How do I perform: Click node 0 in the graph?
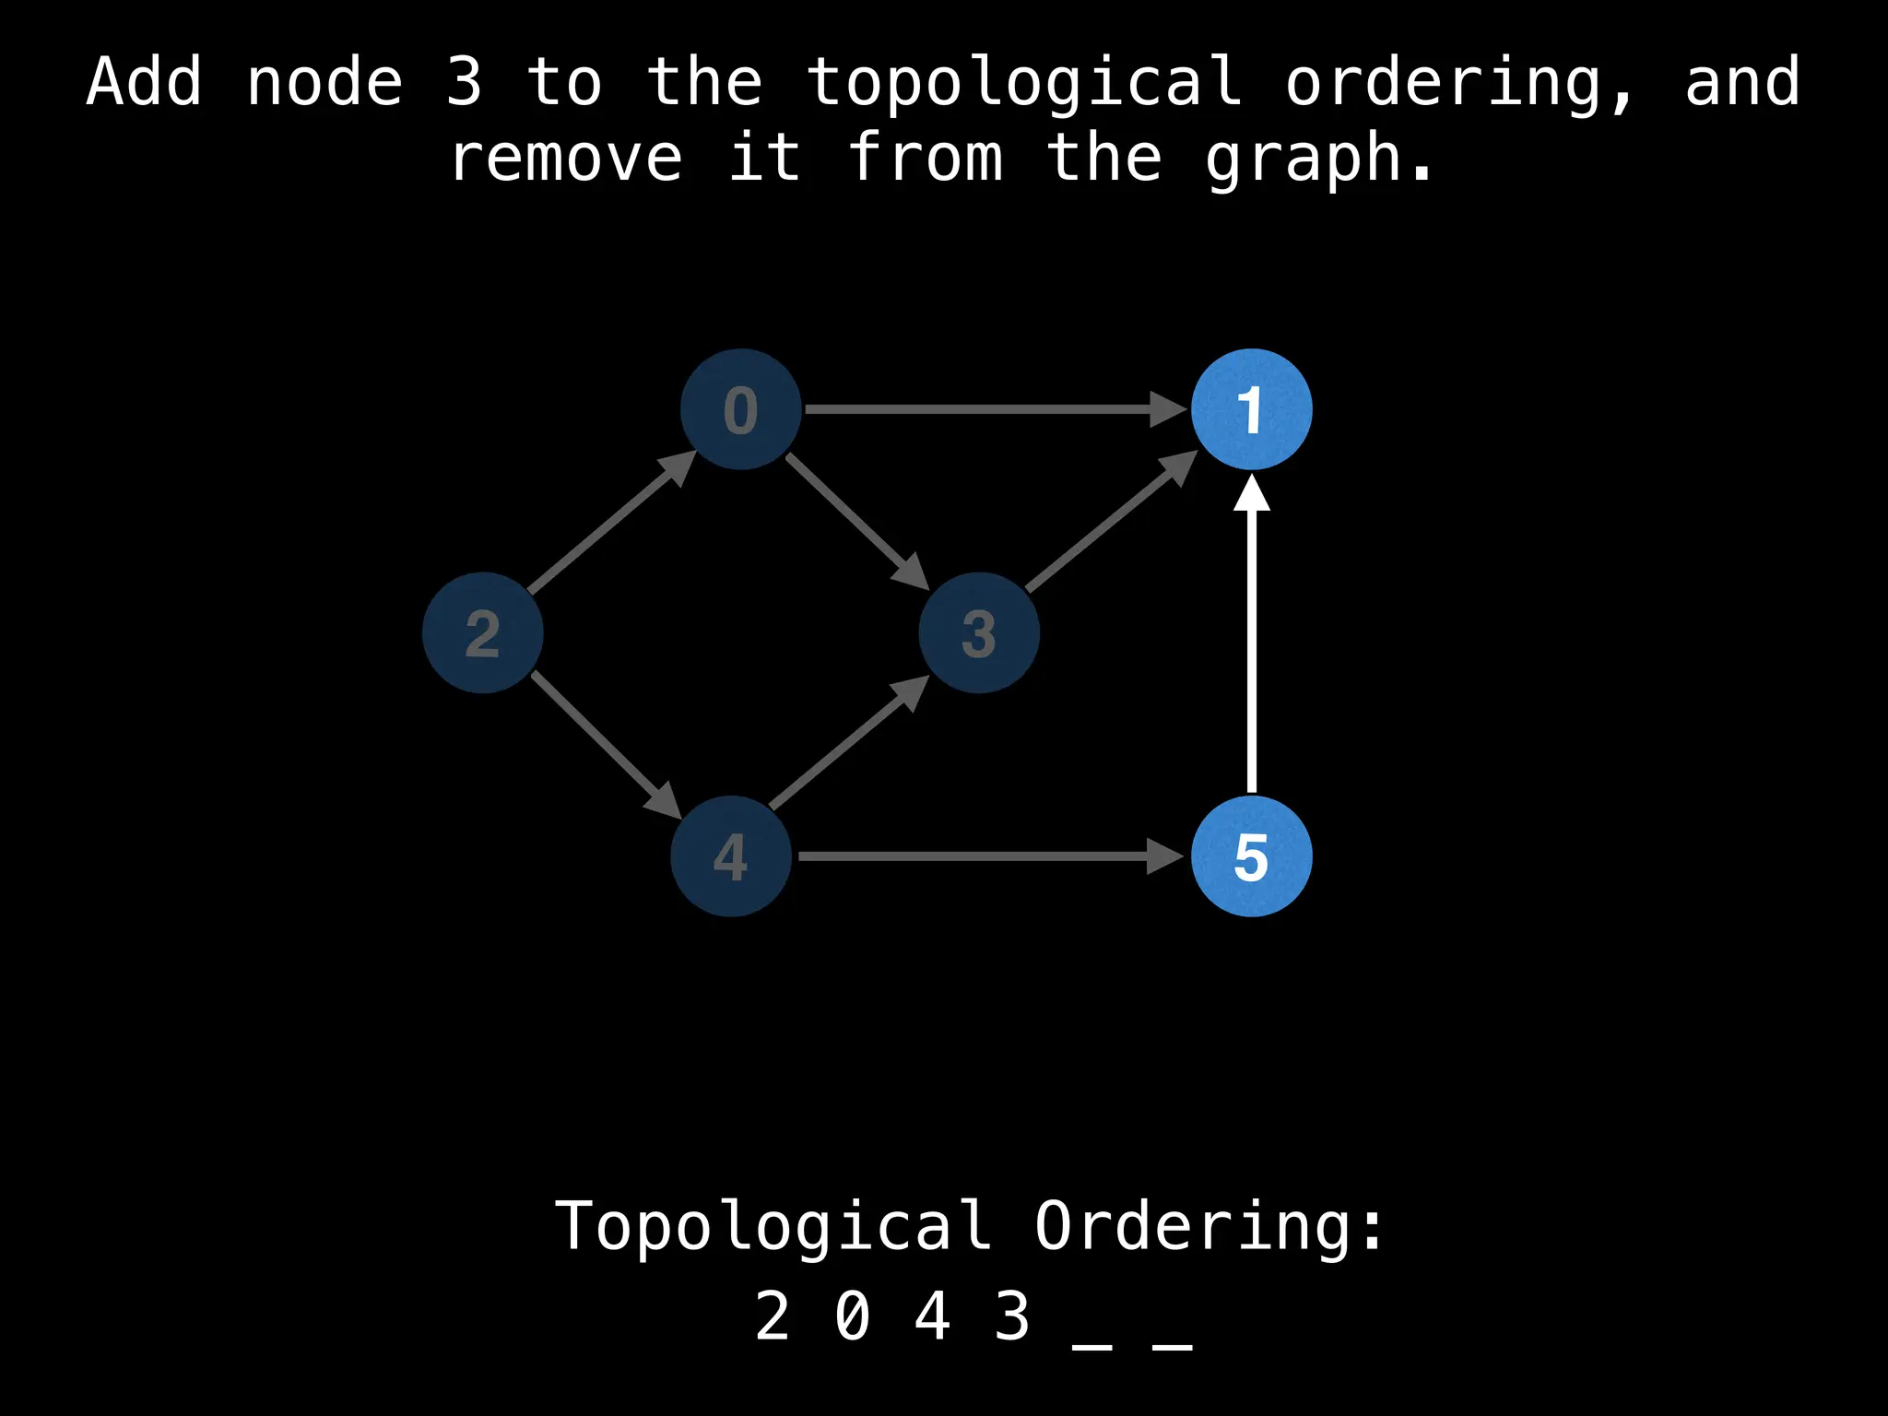[x=740, y=409]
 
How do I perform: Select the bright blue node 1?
[x=1251, y=409]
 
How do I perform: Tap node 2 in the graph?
[x=482, y=632]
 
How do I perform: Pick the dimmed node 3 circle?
[x=979, y=632]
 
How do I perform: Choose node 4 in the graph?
[x=731, y=855]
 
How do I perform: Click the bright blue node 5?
[x=1251, y=855]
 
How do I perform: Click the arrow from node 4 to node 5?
[x=986, y=856]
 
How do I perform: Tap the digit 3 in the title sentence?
[x=464, y=81]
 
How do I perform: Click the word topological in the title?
[x=1024, y=81]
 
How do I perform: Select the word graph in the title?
[x=1318, y=159]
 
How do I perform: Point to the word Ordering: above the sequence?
[x=1209, y=1226]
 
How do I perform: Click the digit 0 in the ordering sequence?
[x=852, y=1316]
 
